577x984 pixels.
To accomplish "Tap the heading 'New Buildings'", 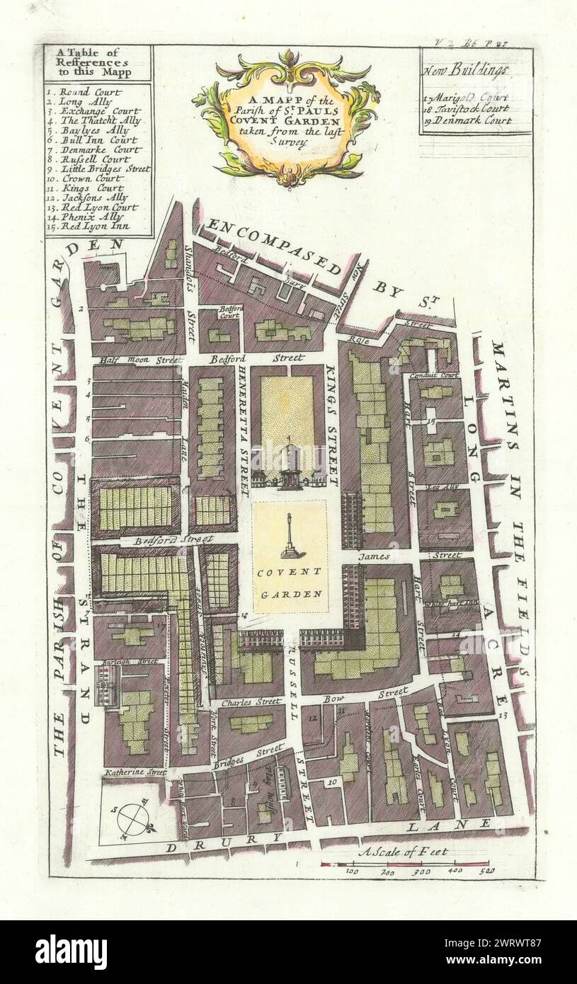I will [x=466, y=71].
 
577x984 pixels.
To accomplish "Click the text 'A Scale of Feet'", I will [x=403, y=852].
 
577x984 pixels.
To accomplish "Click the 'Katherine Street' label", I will [x=134, y=772].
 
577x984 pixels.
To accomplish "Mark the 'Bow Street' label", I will [x=375, y=694].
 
